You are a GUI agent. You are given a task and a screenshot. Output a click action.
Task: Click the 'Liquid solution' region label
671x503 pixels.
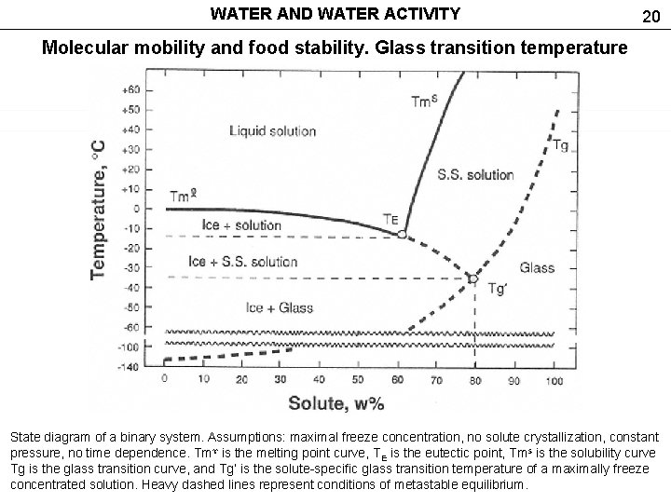[272, 131]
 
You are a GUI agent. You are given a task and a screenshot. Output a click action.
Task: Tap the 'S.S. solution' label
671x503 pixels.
[475, 174]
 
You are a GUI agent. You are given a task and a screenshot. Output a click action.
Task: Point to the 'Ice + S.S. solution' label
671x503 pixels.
[242, 262]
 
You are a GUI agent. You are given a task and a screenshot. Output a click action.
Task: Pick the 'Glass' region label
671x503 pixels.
[537, 268]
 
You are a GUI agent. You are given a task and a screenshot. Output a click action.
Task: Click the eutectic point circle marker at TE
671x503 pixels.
[402, 235]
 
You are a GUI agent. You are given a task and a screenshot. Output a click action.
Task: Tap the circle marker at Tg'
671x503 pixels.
[472, 279]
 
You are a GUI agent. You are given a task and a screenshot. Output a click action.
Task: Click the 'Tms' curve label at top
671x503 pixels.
[425, 101]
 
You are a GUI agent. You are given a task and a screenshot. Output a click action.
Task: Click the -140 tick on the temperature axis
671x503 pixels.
[130, 366]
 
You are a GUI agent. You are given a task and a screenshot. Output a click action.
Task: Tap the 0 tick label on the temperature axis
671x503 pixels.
[137, 209]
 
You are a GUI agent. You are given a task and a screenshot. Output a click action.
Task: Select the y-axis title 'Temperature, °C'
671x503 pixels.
[99, 210]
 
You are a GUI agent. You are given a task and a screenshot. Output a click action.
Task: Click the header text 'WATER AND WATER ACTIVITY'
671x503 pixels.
[335, 14]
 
